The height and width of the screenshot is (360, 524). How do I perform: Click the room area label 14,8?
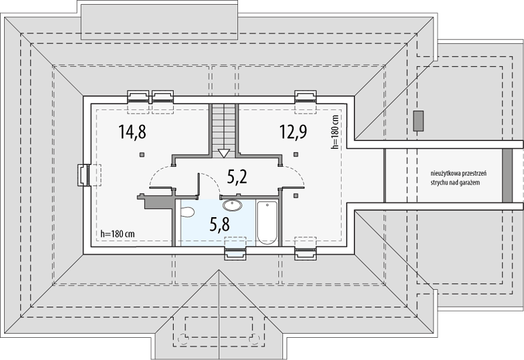point(132,131)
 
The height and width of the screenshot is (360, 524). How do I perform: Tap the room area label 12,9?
point(293,131)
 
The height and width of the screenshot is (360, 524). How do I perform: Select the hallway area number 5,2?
point(237,176)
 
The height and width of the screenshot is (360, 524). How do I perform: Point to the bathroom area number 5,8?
point(219,224)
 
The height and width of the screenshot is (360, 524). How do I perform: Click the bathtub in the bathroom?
point(267,223)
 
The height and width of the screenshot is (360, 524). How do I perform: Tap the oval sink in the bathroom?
point(232,205)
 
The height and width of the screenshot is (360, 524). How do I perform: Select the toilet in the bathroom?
point(187,212)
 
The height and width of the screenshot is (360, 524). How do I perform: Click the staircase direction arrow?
point(224,154)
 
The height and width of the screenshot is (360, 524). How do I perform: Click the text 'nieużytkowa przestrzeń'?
point(458,173)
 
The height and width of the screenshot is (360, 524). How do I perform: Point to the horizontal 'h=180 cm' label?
point(118,234)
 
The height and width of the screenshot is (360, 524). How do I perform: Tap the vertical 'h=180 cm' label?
point(335,132)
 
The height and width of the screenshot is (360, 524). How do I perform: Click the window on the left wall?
point(83,175)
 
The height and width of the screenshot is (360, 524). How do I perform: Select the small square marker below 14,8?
point(142,154)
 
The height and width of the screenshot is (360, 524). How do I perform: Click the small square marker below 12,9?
point(296,154)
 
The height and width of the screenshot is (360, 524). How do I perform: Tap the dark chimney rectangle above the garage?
point(418,121)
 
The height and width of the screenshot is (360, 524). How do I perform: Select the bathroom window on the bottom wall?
point(235,253)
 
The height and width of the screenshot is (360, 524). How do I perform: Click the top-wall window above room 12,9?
point(305,97)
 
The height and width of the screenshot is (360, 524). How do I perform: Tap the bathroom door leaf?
point(198,184)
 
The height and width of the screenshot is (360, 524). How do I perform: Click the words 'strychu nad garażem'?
point(456,182)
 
